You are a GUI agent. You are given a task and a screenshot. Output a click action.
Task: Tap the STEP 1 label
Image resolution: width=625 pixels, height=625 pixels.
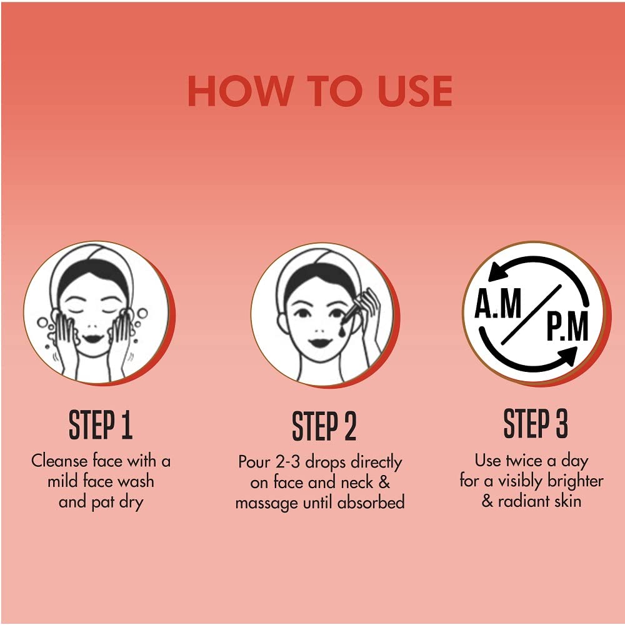click(x=101, y=425)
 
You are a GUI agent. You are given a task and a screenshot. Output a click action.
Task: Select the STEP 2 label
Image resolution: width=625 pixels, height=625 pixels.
click(x=324, y=426)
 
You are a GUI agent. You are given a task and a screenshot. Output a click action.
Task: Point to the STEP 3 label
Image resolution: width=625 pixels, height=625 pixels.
click(x=536, y=423)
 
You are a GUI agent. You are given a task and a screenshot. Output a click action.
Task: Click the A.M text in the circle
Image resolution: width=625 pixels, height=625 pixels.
click(x=498, y=303)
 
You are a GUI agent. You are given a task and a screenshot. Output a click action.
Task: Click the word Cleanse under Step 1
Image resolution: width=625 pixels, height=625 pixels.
click(x=59, y=461)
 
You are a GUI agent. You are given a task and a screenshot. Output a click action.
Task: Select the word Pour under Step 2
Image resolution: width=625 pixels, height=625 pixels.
click(x=254, y=462)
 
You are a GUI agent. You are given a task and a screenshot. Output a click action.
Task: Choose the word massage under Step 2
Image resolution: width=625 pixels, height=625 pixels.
click(x=267, y=503)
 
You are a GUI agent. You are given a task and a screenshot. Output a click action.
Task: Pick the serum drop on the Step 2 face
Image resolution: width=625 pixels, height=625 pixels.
click(x=342, y=329)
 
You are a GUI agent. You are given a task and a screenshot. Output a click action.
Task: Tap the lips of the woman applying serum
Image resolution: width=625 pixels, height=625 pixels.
click(x=320, y=342)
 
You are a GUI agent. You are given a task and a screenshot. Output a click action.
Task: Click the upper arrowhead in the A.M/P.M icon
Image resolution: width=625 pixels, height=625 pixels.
click(x=497, y=271)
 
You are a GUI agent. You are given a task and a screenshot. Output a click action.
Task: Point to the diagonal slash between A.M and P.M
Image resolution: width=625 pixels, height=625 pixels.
click(x=531, y=314)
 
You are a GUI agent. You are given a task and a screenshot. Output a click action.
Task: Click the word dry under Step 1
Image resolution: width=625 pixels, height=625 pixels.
click(x=131, y=502)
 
